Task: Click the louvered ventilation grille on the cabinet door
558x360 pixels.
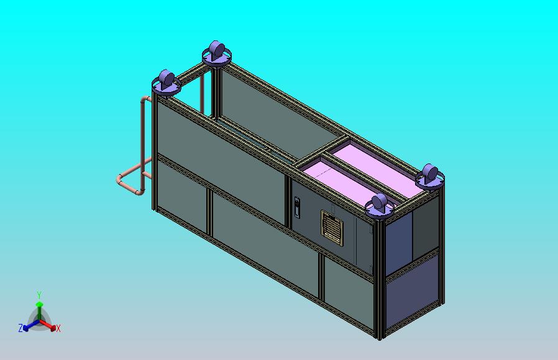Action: [332, 228]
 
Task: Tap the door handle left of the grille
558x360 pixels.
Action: [297, 208]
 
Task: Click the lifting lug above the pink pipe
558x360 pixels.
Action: [166, 83]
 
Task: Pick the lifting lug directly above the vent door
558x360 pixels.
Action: [380, 206]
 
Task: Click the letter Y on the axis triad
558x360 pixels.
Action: [39, 295]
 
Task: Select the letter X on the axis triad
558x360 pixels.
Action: [58, 329]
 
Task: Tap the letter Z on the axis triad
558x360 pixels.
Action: [21, 328]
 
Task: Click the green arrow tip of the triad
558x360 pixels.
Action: [39, 304]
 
